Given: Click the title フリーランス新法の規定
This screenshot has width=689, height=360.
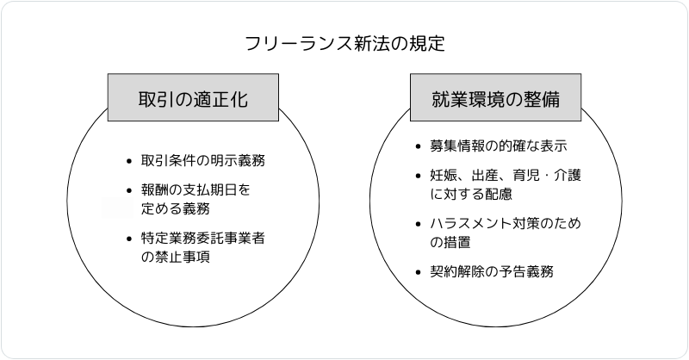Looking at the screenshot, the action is click(x=344, y=43).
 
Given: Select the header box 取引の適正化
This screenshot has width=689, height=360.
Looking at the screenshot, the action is click(x=193, y=99).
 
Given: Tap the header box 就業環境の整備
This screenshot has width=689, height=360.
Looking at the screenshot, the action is click(x=495, y=99).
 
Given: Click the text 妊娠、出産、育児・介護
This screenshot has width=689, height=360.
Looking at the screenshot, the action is click(x=506, y=176).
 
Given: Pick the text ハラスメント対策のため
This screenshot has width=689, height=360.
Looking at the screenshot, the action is click(x=506, y=224).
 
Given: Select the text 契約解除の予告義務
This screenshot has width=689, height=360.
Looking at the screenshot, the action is click(x=491, y=272).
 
